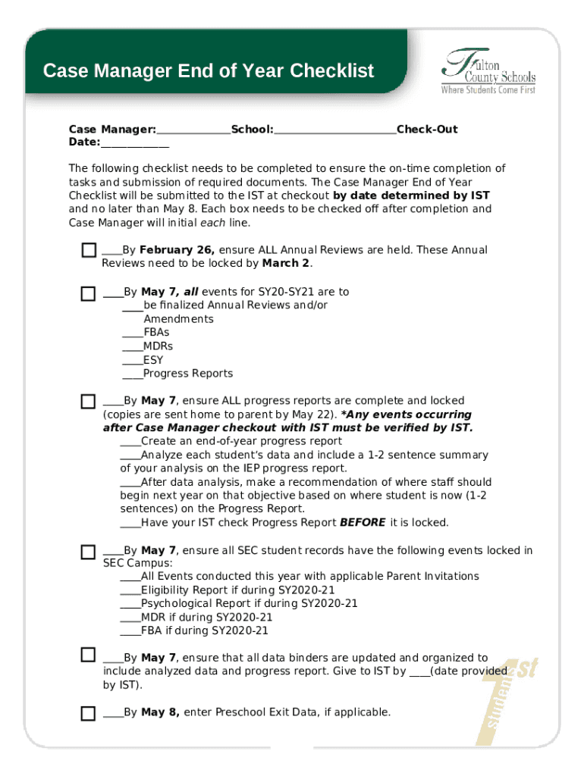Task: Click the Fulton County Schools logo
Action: tap(488, 70)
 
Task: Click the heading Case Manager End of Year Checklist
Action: tap(209, 71)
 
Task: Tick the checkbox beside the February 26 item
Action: tap(89, 251)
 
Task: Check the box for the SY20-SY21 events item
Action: tap(89, 293)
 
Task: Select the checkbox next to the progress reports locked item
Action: tap(89, 401)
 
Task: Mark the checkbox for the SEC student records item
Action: tap(89, 551)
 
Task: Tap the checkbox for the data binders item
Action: tap(89, 655)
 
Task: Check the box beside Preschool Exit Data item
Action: tap(89, 712)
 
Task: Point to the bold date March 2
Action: tap(286, 264)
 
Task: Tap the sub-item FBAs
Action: tap(156, 333)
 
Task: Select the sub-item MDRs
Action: tap(158, 346)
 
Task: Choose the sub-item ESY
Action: tap(152, 360)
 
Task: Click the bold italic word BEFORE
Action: tap(363, 522)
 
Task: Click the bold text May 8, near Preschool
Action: tap(160, 712)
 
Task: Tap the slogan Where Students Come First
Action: tap(488, 90)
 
